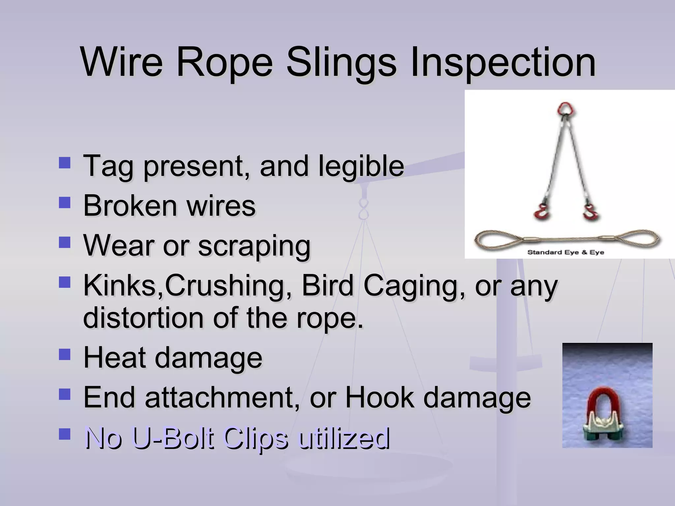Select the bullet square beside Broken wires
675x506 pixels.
65,203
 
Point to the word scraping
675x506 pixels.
254,246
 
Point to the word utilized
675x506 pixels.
343,438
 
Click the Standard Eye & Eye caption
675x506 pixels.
566,252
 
